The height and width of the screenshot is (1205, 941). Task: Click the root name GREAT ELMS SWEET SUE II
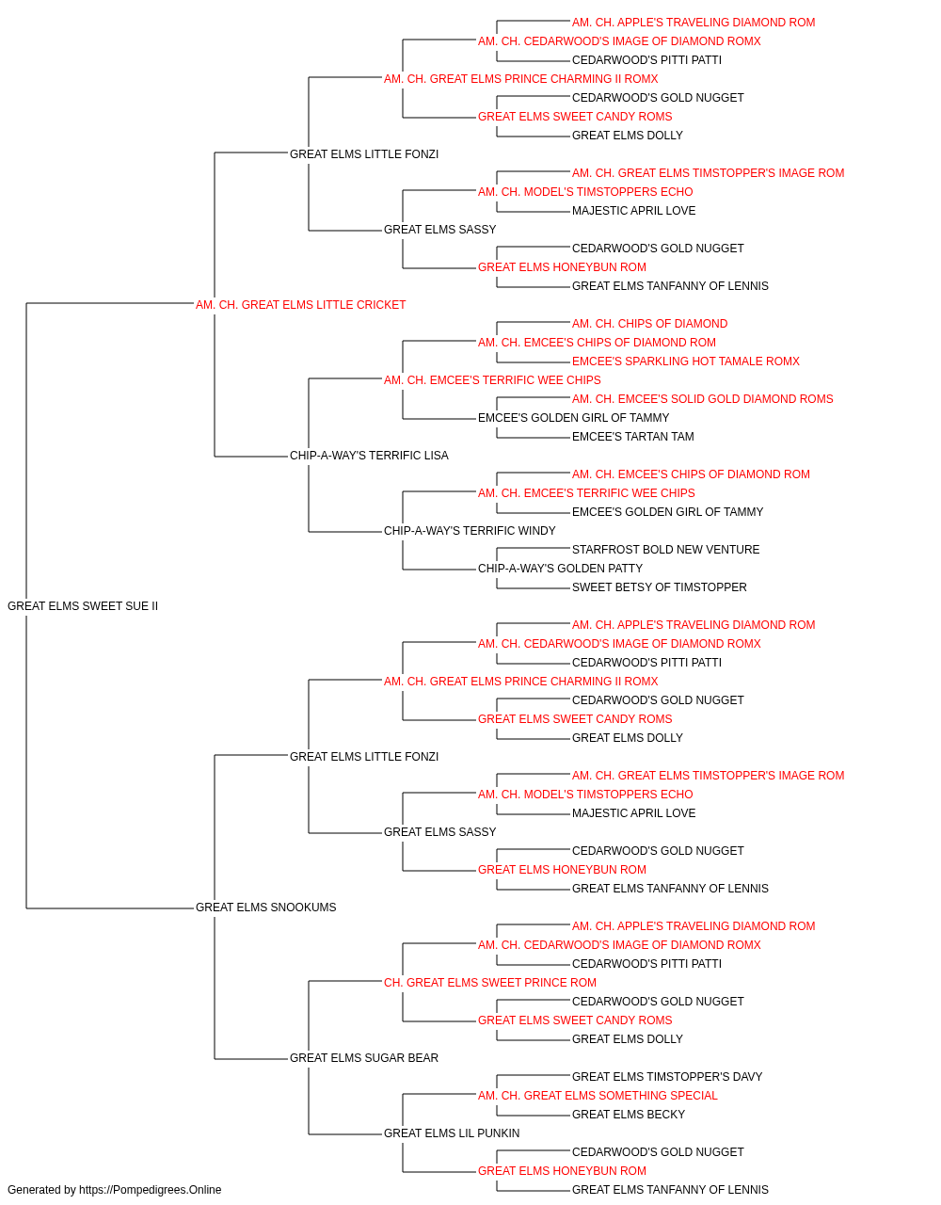point(83,606)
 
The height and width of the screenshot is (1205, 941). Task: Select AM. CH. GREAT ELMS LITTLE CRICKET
point(300,305)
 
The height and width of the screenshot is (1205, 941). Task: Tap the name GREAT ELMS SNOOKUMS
point(266,908)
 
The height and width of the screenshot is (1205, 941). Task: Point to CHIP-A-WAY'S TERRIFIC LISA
point(369,456)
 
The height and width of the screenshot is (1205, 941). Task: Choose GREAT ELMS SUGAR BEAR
point(364,1058)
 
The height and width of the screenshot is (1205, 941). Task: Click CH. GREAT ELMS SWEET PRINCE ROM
point(490,983)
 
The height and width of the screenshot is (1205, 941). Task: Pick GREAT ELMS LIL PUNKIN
point(452,1133)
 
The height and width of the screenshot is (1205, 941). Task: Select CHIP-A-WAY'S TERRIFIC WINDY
point(470,531)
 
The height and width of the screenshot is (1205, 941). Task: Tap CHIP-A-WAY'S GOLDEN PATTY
point(560,569)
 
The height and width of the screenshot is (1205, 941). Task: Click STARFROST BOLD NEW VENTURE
point(665,550)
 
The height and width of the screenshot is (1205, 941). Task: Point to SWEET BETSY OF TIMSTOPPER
point(660,587)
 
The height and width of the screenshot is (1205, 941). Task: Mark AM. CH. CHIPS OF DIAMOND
point(649,324)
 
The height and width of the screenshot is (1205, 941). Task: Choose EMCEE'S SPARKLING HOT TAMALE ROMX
point(686,361)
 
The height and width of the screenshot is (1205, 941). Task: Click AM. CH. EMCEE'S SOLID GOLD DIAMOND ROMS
point(703,399)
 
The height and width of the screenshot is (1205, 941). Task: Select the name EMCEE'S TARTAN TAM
point(633,437)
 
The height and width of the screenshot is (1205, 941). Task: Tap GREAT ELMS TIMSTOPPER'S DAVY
point(667,1077)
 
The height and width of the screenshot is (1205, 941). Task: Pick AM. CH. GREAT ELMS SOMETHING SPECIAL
point(598,1096)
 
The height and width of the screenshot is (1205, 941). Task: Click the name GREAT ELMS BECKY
point(629,1115)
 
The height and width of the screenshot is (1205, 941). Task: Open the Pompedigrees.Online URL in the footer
point(151,1190)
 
